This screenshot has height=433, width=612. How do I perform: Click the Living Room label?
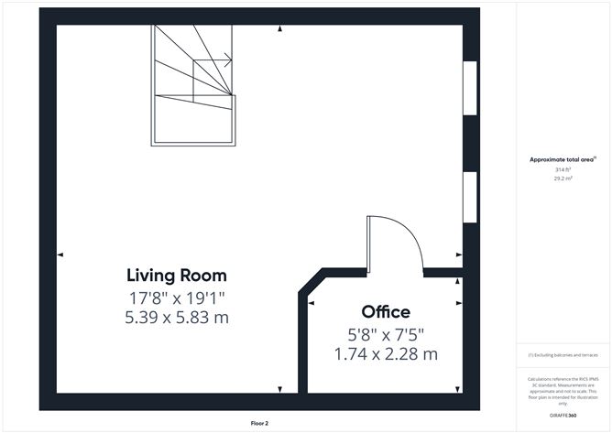(x=177, y=275)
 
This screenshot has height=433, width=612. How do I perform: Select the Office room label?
(x=386, y=312)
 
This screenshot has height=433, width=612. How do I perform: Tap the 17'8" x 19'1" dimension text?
(x=177, y=297)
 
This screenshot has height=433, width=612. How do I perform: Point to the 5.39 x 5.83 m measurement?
(x=177, y=318)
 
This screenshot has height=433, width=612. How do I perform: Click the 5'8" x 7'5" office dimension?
(x=386, y=334)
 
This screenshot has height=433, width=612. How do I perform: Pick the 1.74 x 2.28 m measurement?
(x=386, y=353)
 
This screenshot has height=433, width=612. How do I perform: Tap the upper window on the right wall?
(x=469, y=88)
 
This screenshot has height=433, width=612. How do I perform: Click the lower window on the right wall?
(x=469, y=196)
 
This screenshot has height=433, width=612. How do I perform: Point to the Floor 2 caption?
(x=260, y=423)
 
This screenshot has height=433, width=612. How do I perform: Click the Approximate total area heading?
(x=562, y=159)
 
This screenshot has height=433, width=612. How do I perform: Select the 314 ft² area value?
(x=562, y=169)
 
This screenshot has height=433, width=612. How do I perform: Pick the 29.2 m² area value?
(x=562, y=179)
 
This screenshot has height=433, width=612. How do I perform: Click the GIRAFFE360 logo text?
(x=562, y=416)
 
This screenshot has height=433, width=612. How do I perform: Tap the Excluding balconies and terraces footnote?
(x=562, y=355)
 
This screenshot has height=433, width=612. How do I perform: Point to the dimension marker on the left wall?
(x=60, y=254)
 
